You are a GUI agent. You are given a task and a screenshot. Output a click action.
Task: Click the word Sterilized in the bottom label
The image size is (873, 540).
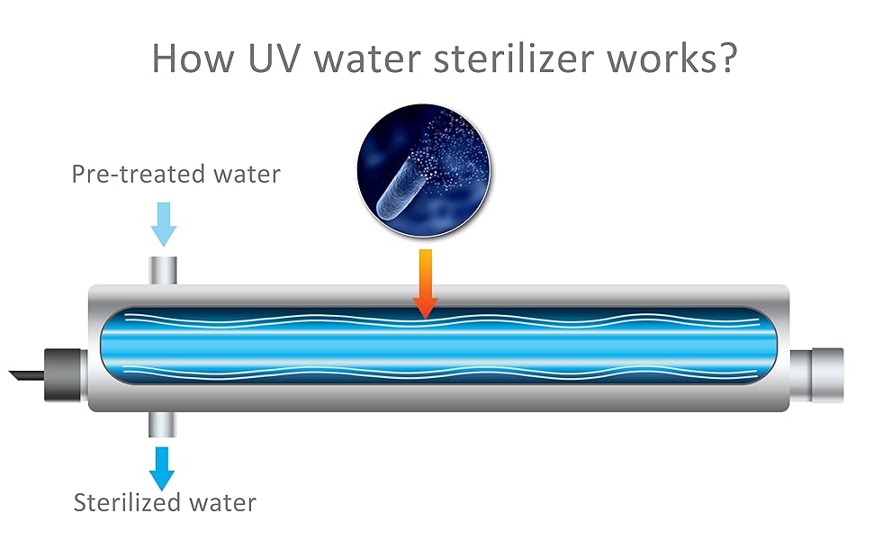127,502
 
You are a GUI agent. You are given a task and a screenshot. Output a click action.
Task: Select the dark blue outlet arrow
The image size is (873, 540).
163,467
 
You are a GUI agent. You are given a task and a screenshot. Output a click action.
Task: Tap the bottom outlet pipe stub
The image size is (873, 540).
163,424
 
